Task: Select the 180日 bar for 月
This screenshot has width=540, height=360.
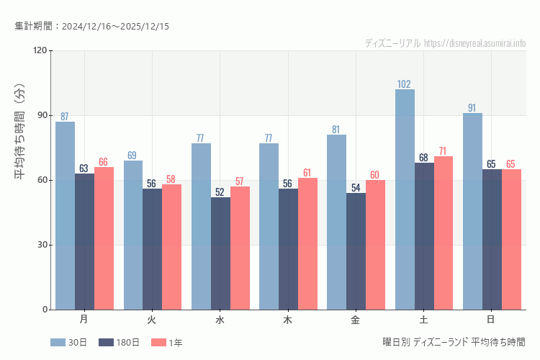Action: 84,241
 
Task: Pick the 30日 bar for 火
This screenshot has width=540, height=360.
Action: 132,235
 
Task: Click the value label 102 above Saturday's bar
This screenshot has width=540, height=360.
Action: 405,84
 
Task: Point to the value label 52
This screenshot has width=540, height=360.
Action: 220,192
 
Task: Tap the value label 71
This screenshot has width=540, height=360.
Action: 444,151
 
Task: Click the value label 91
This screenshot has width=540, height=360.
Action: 472,108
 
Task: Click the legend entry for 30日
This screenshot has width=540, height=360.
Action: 69,343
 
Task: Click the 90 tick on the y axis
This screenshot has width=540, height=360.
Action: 42,115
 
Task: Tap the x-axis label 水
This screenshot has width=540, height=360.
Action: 220,319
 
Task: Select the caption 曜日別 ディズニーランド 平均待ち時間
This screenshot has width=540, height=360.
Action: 454,342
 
